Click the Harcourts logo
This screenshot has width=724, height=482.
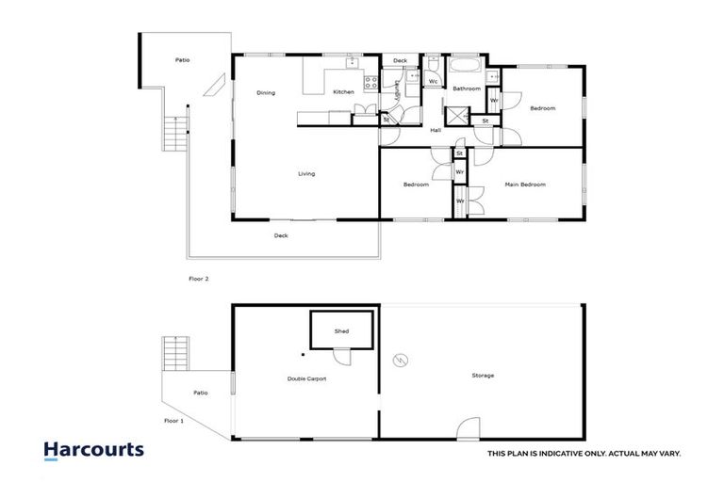pos(93,450)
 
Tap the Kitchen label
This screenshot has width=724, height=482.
pos(343,92)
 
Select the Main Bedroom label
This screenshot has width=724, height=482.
pos(525,185)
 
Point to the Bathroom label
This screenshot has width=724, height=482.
pos(466,88)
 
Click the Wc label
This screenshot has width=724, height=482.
pos(433,82)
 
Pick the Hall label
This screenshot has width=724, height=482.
pos(436,130)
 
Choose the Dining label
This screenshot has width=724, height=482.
pos(266,92)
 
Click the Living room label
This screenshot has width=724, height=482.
pos(306,174)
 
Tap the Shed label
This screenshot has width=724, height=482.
pos(341,332)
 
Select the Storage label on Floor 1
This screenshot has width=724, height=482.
pos(483,376)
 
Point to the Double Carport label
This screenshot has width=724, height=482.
pos(307,378)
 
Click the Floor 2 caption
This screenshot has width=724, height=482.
pos(198,280)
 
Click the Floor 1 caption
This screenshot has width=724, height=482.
pos(173,421)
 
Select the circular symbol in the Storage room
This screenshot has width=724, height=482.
pos(400,360)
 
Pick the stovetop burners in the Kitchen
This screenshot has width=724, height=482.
pos(370,83)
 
